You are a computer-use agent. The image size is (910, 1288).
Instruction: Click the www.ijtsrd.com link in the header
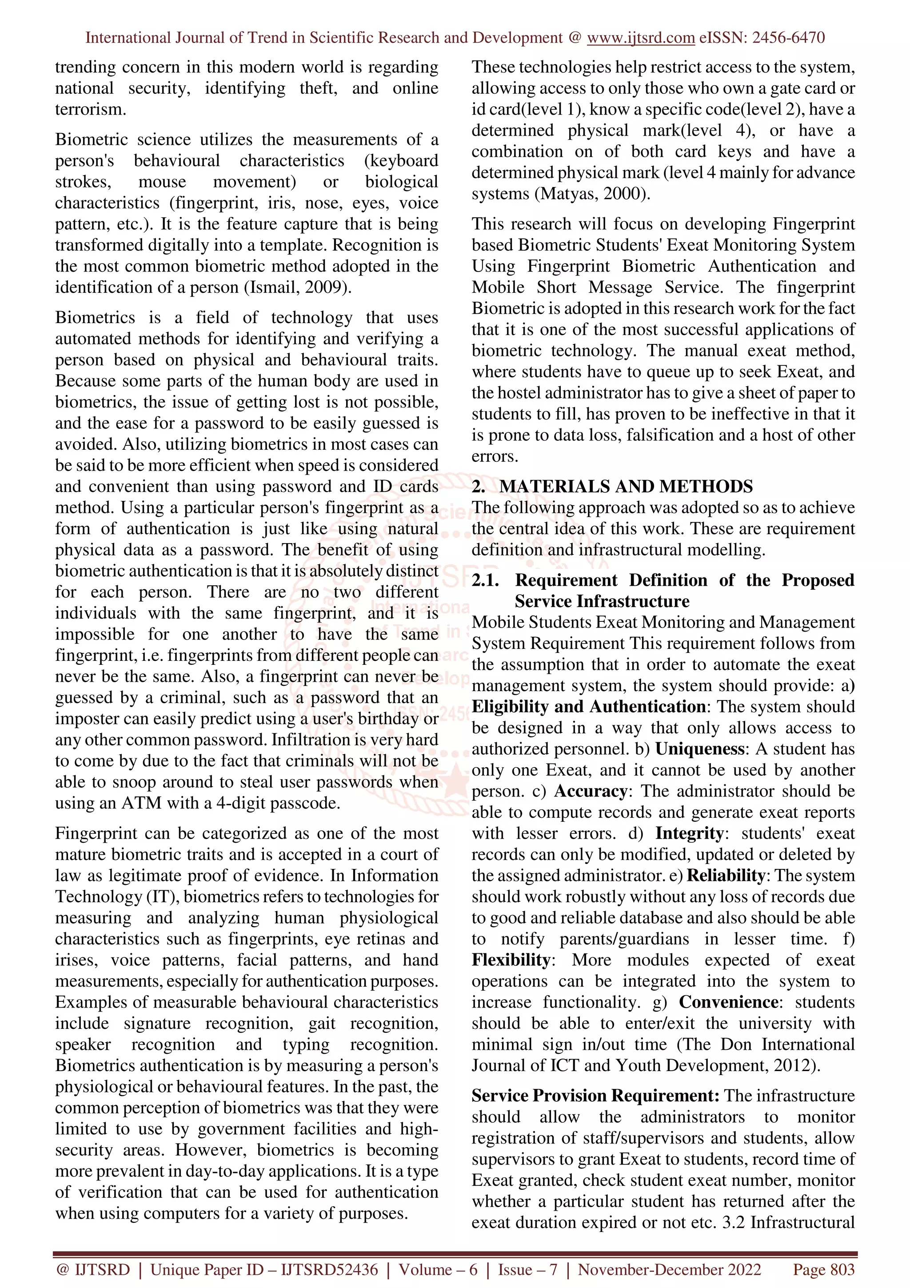pyautogui.click(x=640, y=38)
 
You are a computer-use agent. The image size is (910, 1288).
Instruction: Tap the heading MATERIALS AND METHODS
pyautogui.click(x=626, y=486)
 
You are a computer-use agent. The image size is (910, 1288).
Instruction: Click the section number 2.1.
pyautogui.click(x=485, y=580)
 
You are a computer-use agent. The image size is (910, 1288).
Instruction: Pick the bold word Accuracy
pyautogui.click(x=591, y=791)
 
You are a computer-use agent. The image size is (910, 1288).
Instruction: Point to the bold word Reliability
pyautogui.click(x=726, y=875)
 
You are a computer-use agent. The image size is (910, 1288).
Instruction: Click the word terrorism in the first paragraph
pyautogui.click(x=90, y=109)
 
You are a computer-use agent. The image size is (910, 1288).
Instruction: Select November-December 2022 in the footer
pyautogui.click(x=670, y=1269)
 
